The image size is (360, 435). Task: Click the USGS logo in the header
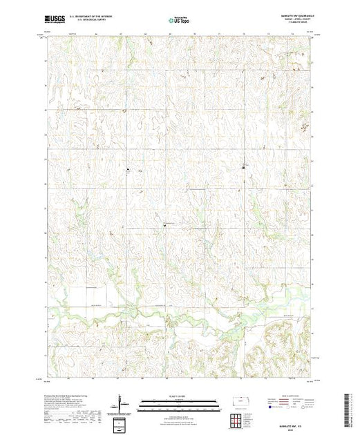56,21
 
